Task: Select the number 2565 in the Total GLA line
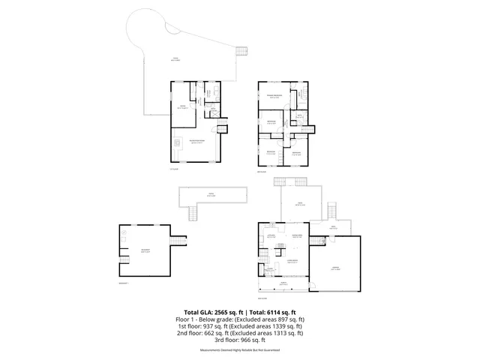coord(225,312)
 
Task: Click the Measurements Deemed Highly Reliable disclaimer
coord(240,350)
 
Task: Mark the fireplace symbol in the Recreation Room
coord(178,142)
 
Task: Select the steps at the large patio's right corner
coord(241,52)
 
